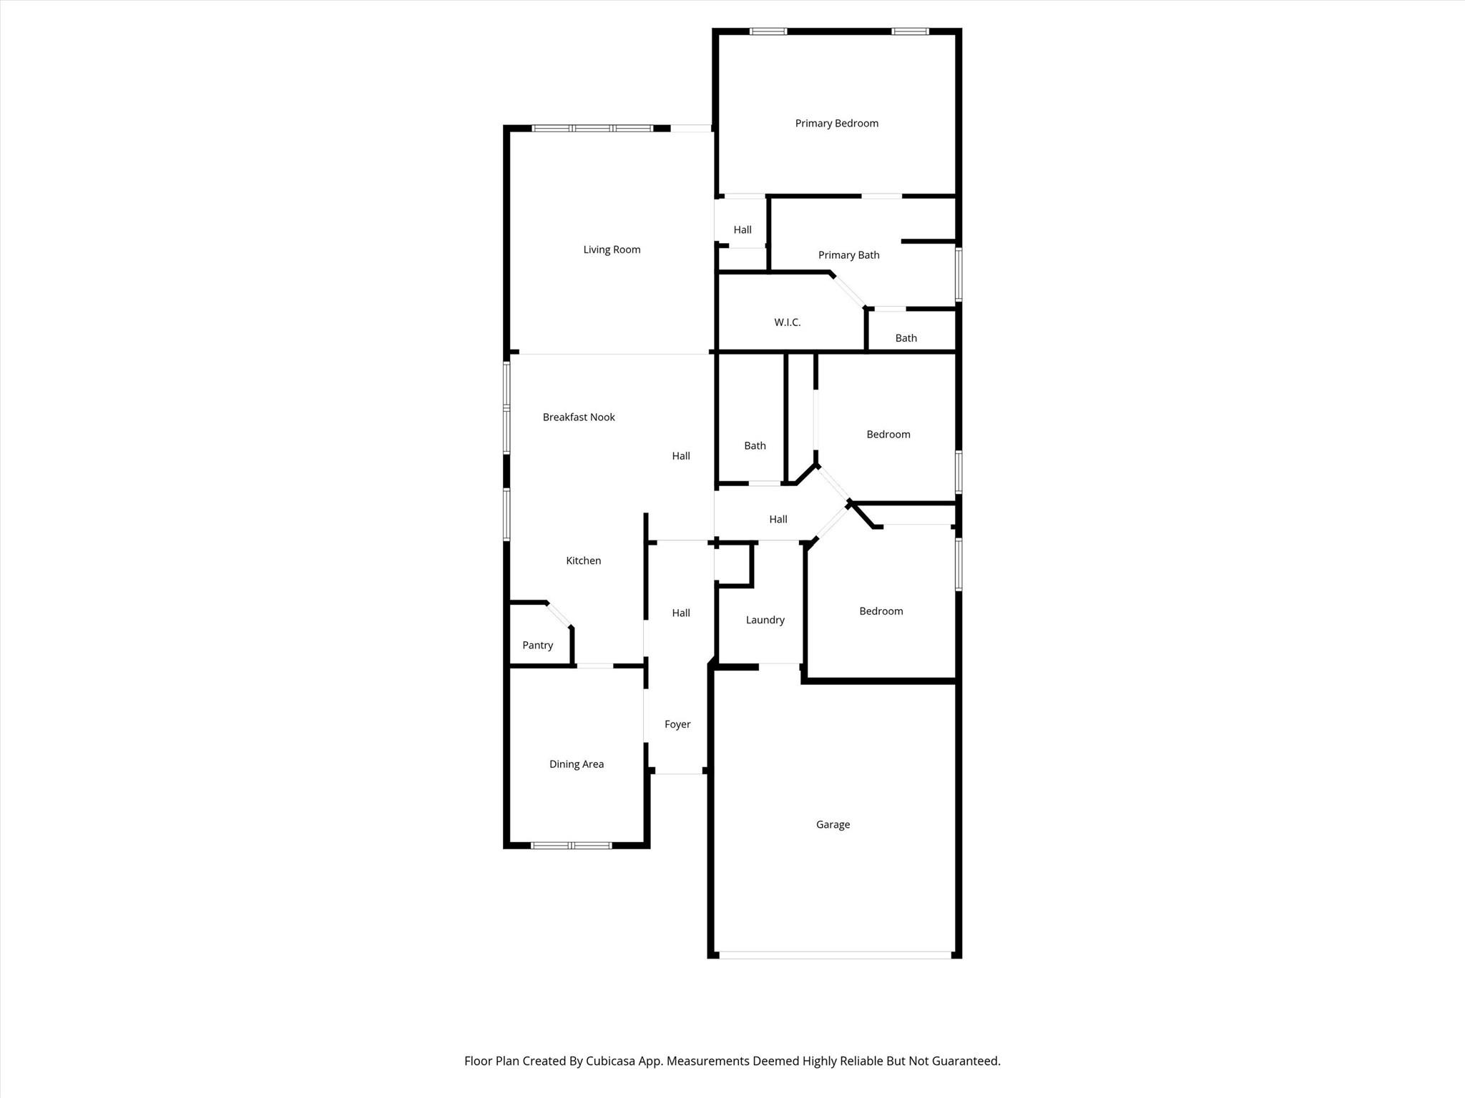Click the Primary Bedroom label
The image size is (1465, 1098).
click(836, 124)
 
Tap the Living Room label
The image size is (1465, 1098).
click(612, 249)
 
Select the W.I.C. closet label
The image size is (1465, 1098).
click(787, 322)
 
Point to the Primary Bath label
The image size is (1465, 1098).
click(848, 255)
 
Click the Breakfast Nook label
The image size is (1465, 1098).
click(578, 417)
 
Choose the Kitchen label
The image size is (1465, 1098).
click(583, 560)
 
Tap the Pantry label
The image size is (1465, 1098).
click(537, 646)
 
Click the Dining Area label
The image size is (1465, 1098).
click(576, 764)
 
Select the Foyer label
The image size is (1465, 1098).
click(677, 724)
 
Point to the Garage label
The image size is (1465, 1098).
click(833, 824)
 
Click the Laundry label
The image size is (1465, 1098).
click(765, 620)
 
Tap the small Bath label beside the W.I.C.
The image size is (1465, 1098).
click(906, 338)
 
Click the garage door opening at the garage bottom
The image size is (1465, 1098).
click(835, 955)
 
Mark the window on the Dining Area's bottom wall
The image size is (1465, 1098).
click(571, 846)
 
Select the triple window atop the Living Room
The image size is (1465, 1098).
click(592, 129)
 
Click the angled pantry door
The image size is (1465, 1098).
click(559, 615)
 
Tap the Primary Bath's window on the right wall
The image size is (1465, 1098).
click(959, 274)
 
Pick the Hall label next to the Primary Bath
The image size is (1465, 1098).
click(742, 230)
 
